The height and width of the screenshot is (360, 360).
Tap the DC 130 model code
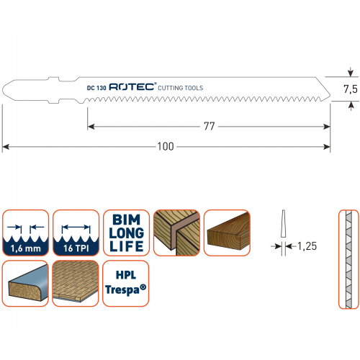(96, 88)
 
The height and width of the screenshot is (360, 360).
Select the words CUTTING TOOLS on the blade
(181, 88)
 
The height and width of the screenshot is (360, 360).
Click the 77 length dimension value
(209, 126)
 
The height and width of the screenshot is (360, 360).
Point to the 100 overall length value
(166, 146)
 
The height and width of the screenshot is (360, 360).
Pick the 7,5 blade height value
(351, 89)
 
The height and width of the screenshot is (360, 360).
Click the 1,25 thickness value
(307, 246)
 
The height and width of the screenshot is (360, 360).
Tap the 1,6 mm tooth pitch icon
(25, 233)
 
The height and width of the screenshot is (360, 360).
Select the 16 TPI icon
(76, 233)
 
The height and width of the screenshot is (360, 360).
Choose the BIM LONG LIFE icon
(126, 233)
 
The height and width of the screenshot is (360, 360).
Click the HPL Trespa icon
(126, 283)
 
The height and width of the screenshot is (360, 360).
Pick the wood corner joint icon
(176, 233)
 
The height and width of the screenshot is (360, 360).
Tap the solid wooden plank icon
(227, 233)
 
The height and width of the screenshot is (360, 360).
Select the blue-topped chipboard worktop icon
(25, 283)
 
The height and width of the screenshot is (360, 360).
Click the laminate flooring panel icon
(76, 283)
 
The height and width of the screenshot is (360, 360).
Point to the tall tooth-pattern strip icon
(348, 259)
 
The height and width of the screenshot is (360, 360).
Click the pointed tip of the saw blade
(330, 96)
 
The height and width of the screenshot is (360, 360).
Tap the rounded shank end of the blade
(3, 90)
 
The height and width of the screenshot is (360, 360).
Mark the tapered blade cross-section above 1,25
(283, 223)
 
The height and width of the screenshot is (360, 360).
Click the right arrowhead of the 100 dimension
(327, 147)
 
